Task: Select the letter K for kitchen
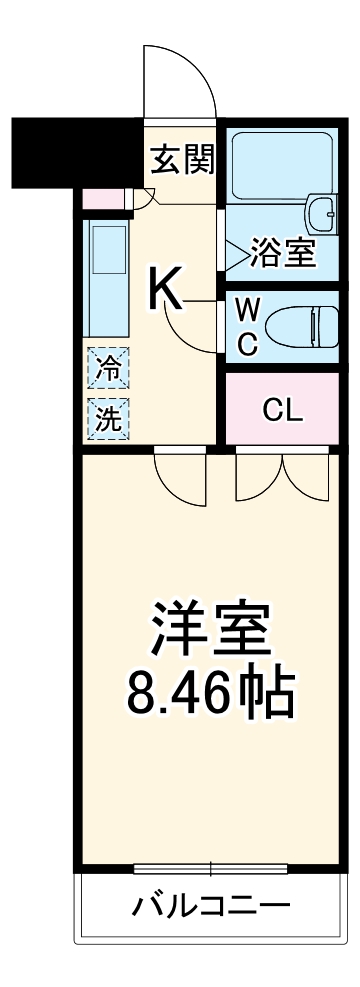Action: click(166, 289)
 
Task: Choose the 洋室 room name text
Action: click(211, 626)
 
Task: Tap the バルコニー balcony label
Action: click(212, 907)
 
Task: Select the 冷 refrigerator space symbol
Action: click(107, 368)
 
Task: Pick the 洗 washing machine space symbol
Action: click(107, 418)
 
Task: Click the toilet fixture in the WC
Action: click(310, 326)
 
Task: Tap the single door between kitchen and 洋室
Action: click(180, 478)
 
